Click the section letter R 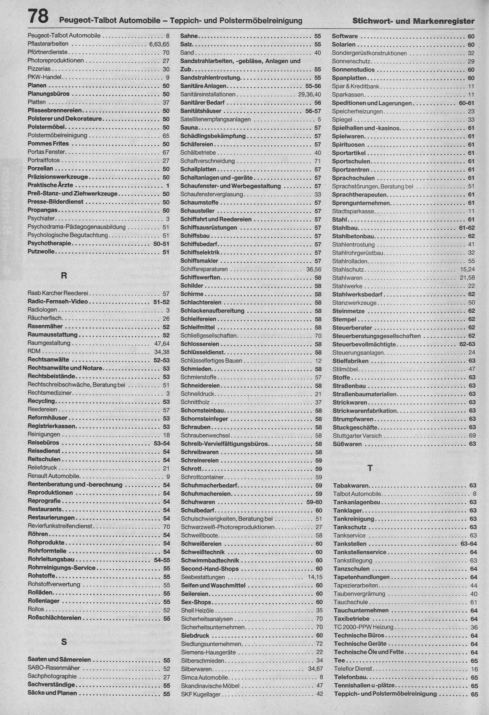pos(64,275)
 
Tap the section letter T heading pos(370,468)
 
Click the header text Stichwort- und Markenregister pos(413,21)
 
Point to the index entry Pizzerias pos(39,69)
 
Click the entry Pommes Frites pos(48,143)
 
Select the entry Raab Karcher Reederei pos(58,293)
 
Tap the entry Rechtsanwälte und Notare pos(65,368)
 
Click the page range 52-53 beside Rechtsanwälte pos(161,360)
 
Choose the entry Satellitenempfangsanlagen pos(215,119)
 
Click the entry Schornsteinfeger pos(204,419)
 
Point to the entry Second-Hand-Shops pos(210,569)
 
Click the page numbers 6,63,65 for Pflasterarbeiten pos(159,44)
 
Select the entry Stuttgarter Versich pos(357,435)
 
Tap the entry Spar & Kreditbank pos(356,86)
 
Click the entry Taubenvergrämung pos(359,594)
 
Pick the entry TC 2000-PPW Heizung pos(363,627)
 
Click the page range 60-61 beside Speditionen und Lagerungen pos(467,103)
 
